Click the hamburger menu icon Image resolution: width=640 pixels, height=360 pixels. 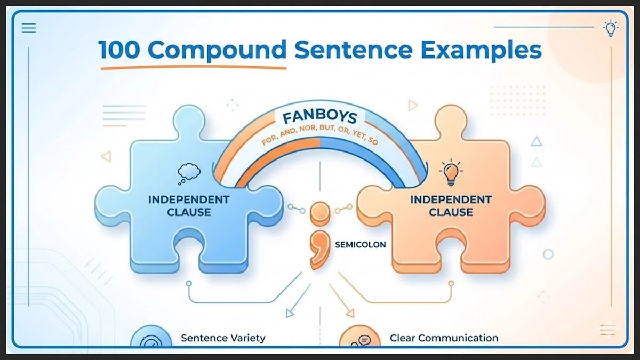pyautogui.click(x=29, y=28)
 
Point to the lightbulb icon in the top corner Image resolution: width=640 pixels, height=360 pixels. pyautogui.click(x=609, y=28)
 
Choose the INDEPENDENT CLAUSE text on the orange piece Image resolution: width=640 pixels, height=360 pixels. pyautogui.click(x=450, y=206)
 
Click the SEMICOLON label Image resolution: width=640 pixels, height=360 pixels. pyautogui.click(x=360, y=245)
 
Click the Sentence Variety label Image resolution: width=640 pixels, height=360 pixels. pyautogui.click(x=222, y=338)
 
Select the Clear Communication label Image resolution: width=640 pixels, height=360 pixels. pyautogui.click(x=444, y=338)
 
